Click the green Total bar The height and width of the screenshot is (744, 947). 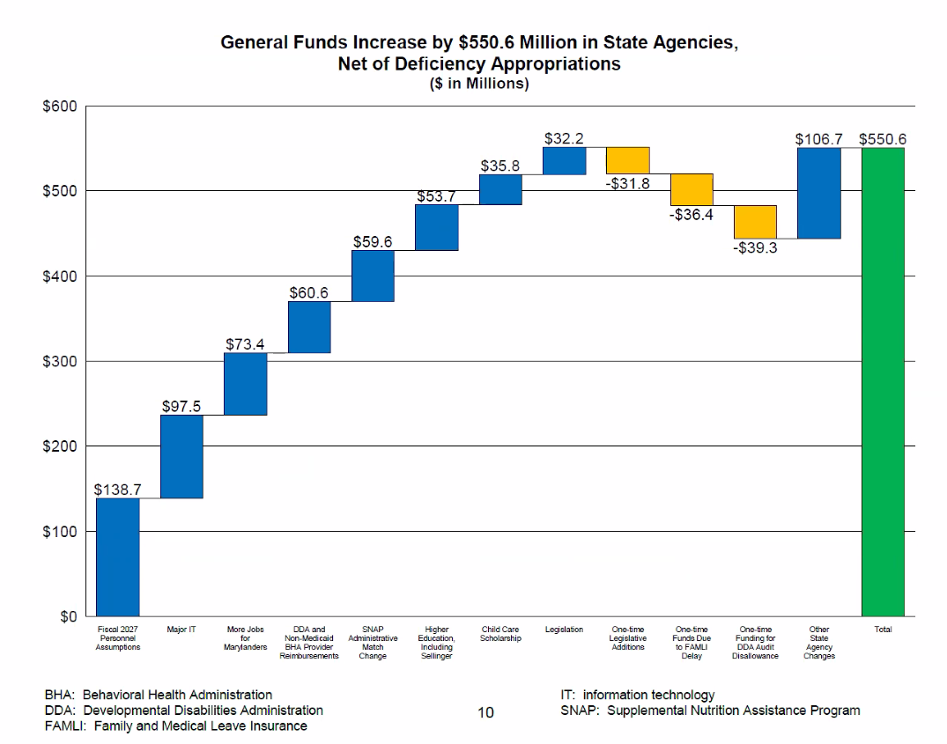point(883,381)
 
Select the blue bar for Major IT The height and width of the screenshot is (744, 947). point(181,456)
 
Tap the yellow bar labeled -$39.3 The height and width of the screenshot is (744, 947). point(755,222)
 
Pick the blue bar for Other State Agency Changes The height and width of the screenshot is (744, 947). point(819,193)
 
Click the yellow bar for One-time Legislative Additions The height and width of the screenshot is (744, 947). point(628,160)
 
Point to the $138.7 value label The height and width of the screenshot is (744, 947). point(118,490)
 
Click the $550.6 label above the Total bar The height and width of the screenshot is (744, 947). point(883,139)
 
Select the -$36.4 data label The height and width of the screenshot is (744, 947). point(692,214)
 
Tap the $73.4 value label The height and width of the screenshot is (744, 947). point(245,344)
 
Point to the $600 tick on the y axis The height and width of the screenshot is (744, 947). point(60,106)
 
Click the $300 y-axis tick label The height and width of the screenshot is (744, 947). point(60,361)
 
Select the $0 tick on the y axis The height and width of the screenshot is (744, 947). point(67,616)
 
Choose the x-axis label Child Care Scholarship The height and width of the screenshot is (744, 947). point(500,634)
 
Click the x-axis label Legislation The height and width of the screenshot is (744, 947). point(565,630)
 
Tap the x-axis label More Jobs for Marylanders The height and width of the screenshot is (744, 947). point(245,638)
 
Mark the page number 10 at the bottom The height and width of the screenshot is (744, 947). point(485,712)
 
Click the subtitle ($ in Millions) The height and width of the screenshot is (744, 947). point(479,84)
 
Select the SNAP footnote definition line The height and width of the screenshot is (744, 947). point(710,711)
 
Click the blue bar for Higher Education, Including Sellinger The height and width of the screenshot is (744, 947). point(437,227)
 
